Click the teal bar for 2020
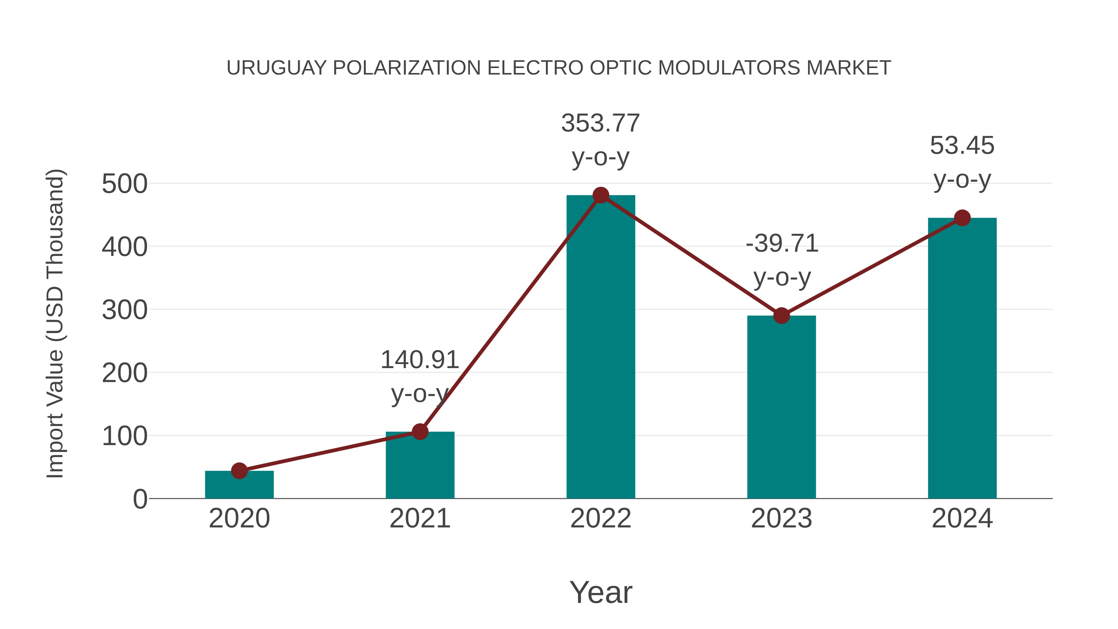pyautogui.click(x=239, y=486)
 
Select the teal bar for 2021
pyautogui.click(x=420, y=467)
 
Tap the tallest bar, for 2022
pyautogui.click(x=601, y=347)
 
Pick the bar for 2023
pyautogui.click(x=781, y=408)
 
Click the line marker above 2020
pyautogui.click(x=239, y=471)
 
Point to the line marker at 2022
pyautogui.click(x=601, y=195)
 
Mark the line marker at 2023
pyautogui.click(x=781, y=316)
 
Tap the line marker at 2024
pyautogui.click(x=962, y=218)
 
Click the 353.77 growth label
pyautogui.click(x=601, y=123)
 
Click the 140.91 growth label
pyautogui.click(x=420, y=360)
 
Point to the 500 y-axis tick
pyautogui.click(x=125, y=184)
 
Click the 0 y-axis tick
pyautogui.click(x=140, y=499)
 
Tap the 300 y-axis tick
pyautogui.click(x=125, y=310)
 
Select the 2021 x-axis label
pyautogui.click(x=420, y=519)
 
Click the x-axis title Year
pyautogui.click(x=601, y=593)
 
